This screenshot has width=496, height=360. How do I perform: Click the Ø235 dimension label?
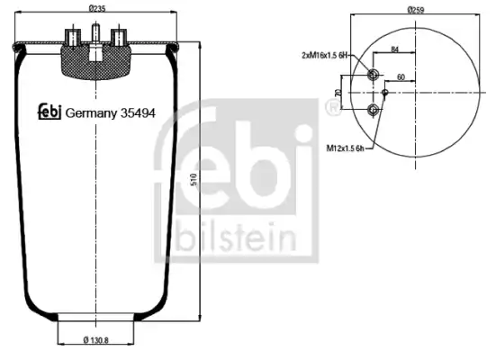tap(97, 8)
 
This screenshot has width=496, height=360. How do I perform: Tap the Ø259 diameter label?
tap(416, 10)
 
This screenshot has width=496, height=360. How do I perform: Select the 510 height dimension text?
tap(194, 179)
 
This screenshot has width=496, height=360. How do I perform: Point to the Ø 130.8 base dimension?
tap(95, 340)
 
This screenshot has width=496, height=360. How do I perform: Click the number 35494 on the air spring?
tap(138, 112)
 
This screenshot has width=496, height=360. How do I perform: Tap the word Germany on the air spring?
tap(91, 113)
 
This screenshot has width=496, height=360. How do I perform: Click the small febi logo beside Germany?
tap(50, 112)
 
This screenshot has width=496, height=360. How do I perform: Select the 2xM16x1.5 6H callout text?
tap(325, 56)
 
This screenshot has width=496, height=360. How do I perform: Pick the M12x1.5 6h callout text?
tap(345, 148)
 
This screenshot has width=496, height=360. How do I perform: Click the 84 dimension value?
tap(394, 49)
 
